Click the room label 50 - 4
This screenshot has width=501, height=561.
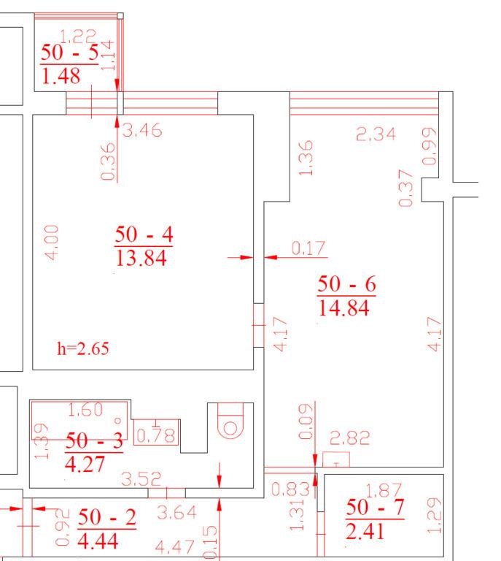click(144, 234)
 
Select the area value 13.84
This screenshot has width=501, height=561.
click(141, 258)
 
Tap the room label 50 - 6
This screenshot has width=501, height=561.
click(346, 284)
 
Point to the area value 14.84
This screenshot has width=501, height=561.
click(343, 308)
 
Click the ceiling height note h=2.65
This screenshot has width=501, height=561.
click(83, 348)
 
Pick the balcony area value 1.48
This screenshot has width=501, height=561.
click(61, 76)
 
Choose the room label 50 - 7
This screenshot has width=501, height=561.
click(375, 508)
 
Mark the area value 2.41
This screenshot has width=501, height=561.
click(365, 531)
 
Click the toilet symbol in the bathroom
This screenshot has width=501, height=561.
click(230, 421)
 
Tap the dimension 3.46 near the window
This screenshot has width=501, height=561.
click(142, 130)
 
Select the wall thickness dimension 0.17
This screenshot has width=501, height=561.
click(308, 248)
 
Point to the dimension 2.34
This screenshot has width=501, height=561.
click(376, 134)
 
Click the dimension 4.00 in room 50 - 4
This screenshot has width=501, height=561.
click(52, 243)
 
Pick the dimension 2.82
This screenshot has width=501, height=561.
click(349, 438)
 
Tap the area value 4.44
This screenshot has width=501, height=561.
click(98, 541)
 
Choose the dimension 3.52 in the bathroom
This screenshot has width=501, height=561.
click(141, 479)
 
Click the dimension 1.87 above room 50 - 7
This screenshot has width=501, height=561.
click(384, 491)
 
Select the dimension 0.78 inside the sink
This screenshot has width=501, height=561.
click(156, 435)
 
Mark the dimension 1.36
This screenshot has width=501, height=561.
click(306, 158)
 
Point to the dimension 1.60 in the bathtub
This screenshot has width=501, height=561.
click(85, 410)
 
